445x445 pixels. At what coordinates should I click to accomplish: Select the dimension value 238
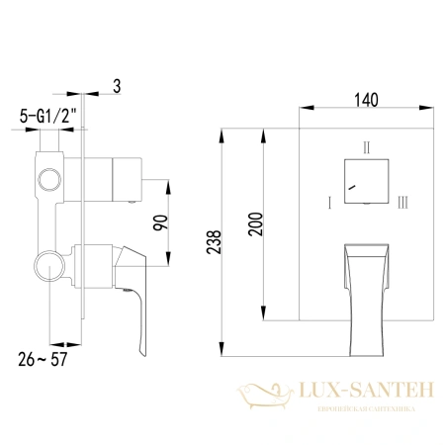click(x=230, y=239)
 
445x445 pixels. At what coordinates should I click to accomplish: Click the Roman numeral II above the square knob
click(x=367, y=148)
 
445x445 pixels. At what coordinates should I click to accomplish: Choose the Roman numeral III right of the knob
click(x=401, y=204)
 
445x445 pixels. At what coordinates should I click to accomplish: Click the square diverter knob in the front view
click(x=366, y=180)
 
